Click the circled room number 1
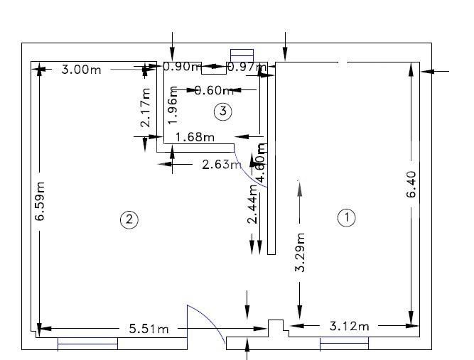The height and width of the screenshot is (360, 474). [x=346, y=218]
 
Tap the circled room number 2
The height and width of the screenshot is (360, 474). [x=129, y=219]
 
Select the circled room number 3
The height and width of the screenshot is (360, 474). [x=223, y=111]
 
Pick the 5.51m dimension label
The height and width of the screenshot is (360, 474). [x=149, y=329]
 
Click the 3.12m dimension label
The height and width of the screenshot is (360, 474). [x=350, y=326]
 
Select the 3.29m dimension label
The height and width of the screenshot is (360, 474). [x=300, y=253]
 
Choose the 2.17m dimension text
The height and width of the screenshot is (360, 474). [x=146, y=108]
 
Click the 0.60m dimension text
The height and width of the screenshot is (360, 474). [x=214, y=90]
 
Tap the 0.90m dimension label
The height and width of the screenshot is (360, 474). [x=181, y=67]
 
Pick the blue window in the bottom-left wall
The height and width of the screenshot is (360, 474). [x=87, y=344]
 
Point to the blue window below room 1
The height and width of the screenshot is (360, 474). [x=344, y=344]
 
